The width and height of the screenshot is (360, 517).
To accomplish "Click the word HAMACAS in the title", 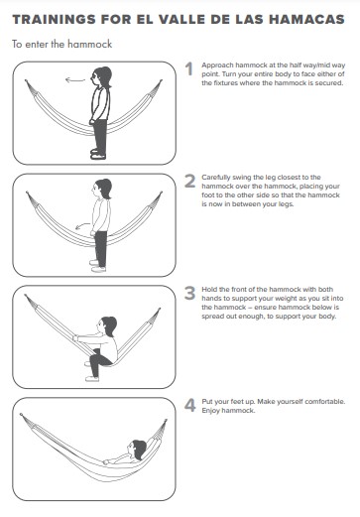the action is [306, 20].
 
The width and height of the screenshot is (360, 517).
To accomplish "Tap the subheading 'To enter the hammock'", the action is [62, 44].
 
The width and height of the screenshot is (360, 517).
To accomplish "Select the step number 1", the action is [189, 68].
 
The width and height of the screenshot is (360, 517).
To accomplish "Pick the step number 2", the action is [189, 181].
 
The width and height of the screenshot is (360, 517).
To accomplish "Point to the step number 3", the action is [189, 293].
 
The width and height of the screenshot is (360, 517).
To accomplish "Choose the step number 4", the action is [189, 405].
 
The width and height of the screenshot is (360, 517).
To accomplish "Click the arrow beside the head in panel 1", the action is [75, 80].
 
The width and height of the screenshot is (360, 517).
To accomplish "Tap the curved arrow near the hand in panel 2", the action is [82, 226].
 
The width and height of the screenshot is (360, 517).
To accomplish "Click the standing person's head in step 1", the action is [101, 77].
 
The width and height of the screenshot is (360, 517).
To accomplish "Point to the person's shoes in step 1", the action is [98, 154].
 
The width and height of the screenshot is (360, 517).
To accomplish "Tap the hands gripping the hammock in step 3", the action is [75, 338].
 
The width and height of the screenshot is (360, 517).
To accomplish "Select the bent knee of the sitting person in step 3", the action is [93, 354].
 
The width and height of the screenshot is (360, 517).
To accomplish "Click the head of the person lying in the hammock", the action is [137, 450].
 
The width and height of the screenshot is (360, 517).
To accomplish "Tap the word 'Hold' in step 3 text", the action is [209, 290].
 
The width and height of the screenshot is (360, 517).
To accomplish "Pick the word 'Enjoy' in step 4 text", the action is [211, 411].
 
